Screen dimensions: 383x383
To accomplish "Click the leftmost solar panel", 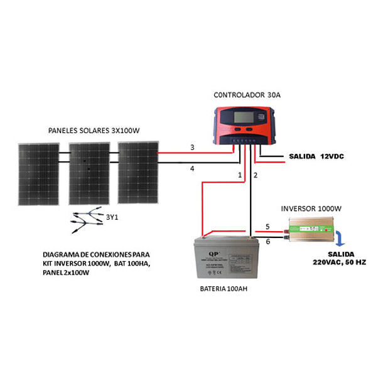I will point(39,174).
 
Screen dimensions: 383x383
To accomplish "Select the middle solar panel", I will point(89,174).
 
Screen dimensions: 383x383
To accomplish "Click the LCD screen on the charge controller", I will point(241,117).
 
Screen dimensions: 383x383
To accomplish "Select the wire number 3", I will point(192,148).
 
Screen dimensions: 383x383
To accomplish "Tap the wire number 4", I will point(192,168).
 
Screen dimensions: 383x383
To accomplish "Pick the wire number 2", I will point(256,175).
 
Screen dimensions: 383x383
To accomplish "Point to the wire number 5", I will point(267,227).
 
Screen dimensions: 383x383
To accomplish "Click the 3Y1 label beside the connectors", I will point(112,217).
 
